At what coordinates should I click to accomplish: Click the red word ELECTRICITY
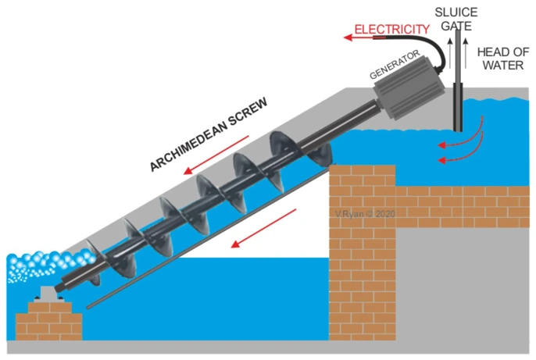tap(391, 30)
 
